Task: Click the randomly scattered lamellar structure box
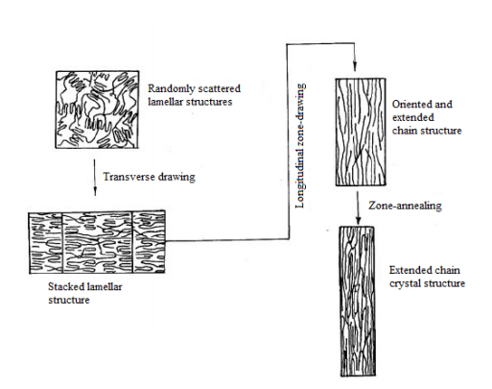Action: [98, 109]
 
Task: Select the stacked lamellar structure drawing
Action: [97, 242]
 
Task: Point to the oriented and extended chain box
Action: [361, 132]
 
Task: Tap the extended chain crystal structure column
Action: [357, 302]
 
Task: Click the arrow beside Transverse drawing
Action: [95, 178]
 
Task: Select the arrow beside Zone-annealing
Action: [358, 207]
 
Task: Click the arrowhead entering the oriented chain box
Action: [355, 67]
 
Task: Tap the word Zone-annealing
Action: [405, 206]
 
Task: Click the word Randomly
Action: [171, 88]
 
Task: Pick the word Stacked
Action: [63, 286]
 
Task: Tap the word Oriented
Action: [409, 105]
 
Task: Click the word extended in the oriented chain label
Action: [413, 117]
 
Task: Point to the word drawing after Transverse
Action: [171, 178]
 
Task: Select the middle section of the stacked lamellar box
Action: [97, 242]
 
